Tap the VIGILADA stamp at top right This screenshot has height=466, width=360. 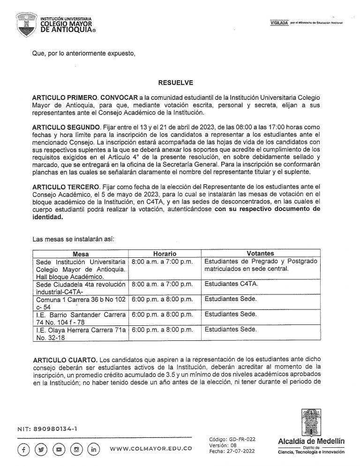click(279, 23)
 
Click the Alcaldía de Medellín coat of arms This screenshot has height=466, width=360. click(311, 422)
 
